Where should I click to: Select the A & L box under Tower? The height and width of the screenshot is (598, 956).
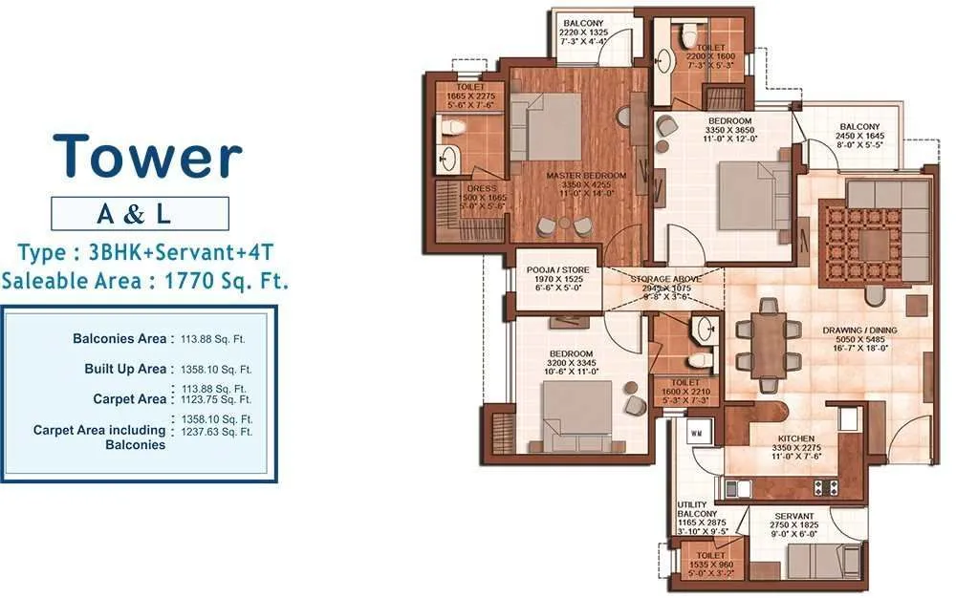[x=140, y=214]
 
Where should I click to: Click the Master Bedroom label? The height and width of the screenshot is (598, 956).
[x=586, y=176]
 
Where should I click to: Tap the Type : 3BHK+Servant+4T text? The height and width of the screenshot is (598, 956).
[x=147, y=253]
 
